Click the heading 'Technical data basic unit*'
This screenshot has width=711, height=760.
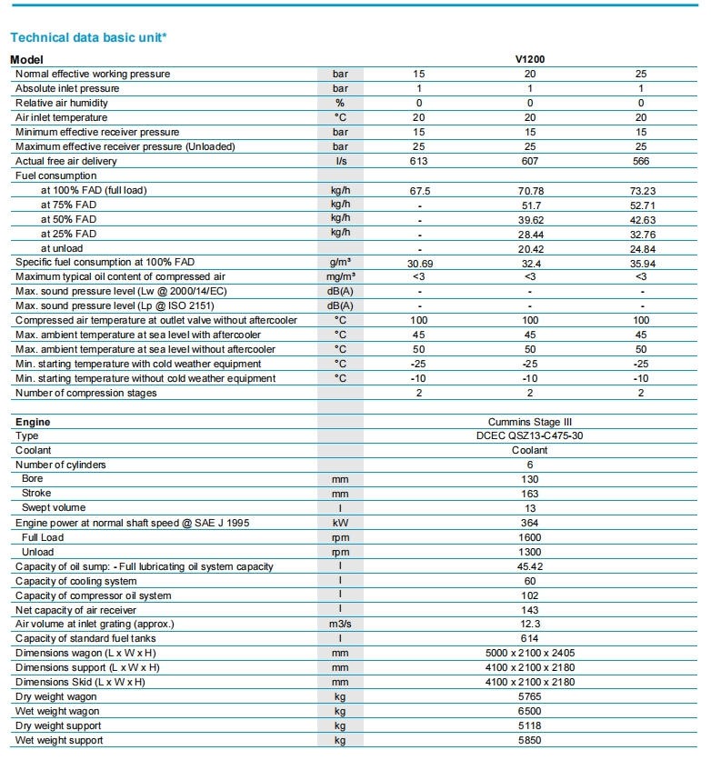88,37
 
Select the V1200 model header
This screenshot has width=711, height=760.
530,59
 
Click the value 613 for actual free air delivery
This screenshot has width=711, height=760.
419,161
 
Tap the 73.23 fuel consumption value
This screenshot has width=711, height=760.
641,191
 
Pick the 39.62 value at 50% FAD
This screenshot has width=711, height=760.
530,219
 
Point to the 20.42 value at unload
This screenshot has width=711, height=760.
530,248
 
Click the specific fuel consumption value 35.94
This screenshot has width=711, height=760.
641,262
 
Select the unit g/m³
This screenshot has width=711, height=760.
340,262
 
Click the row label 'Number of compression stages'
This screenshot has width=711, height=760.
86,393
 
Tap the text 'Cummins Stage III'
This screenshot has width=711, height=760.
530,422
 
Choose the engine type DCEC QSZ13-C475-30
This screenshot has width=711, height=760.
530,436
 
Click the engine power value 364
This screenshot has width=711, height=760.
530,523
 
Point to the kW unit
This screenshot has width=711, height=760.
340,523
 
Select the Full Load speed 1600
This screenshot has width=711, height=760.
530,537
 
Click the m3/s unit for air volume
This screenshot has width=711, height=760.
340,624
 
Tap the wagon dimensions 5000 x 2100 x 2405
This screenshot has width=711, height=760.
530,653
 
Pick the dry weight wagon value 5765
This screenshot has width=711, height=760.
530,696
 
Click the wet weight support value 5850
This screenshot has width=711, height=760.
530,740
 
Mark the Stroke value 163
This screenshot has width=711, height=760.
530,494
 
